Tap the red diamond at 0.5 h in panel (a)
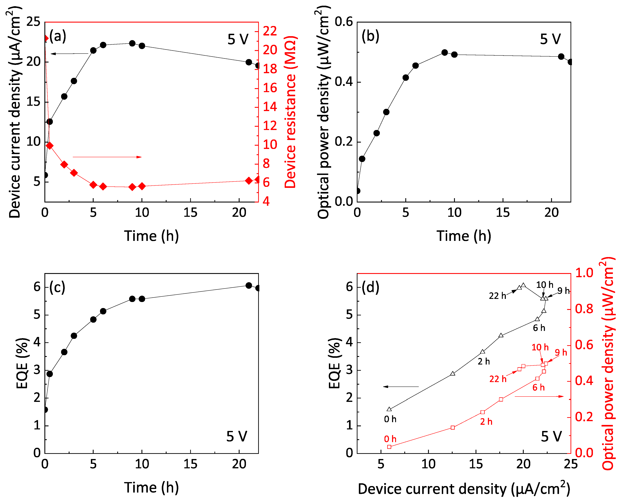coord(50,146)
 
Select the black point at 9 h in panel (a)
coord(132,43)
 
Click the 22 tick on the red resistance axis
coord(270,31)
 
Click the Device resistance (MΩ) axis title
coord(290,112)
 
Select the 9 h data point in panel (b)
coord(445,53)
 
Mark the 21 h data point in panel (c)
coord(249,285)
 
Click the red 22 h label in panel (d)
coord(498,379)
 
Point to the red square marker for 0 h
coord(389,447)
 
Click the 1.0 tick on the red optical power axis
coord(584,273)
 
